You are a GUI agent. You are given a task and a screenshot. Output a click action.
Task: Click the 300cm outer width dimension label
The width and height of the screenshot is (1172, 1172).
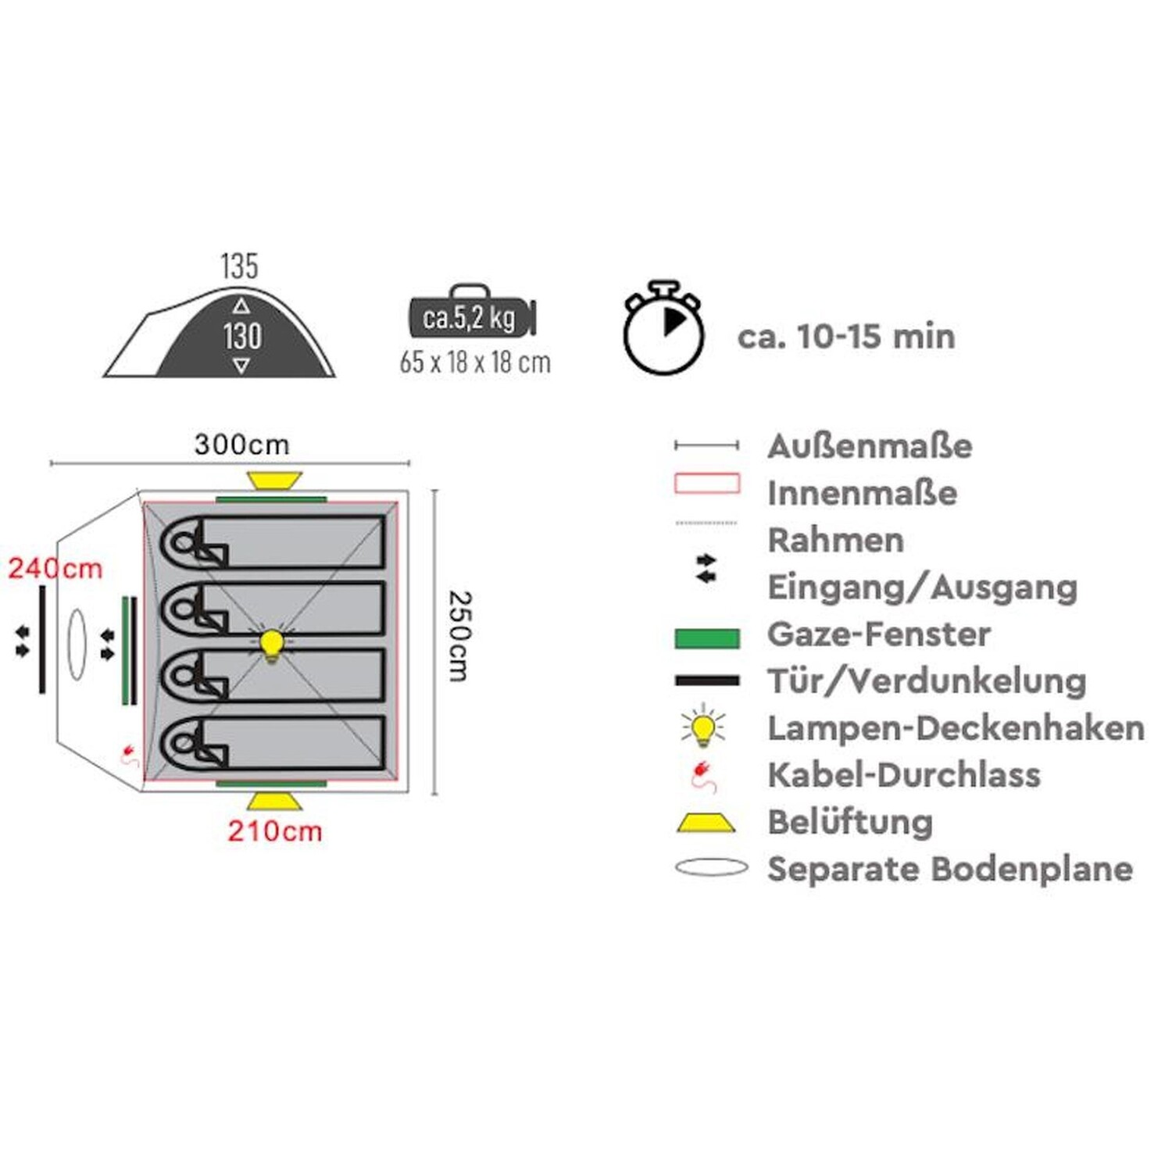click(241, 445)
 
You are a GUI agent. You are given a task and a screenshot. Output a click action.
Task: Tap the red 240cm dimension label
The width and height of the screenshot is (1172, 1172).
click(55, 568)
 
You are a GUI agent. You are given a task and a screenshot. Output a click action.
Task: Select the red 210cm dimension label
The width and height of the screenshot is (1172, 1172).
click(275, 831)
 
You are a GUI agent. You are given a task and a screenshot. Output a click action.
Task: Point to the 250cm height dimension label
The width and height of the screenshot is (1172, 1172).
click(460, 635)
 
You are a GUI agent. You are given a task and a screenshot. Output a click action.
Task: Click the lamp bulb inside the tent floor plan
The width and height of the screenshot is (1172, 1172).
click(271, 645)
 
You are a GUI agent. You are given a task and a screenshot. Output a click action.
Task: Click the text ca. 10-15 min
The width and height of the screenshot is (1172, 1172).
click(846, 337)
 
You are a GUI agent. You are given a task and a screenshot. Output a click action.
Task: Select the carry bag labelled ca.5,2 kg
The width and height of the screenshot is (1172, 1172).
click(471, 315)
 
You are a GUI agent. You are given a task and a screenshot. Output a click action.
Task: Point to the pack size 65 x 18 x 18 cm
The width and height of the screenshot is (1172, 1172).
click(475, 363)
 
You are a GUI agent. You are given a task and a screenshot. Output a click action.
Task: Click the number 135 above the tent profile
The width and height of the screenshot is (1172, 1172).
click(239, 266)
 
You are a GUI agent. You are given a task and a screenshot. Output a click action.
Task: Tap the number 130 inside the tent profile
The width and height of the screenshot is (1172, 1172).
click(242, 337)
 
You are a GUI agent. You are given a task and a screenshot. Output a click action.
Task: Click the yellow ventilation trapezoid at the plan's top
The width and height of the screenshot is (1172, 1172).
click(273, 480)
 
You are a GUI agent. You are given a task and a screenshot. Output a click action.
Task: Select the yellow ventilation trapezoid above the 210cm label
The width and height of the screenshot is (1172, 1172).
click(273, 802)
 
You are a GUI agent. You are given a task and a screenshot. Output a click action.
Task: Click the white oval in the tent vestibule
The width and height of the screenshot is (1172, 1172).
click(77, 643)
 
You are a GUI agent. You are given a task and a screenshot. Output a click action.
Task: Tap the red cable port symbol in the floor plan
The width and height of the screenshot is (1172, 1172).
click(128, 755)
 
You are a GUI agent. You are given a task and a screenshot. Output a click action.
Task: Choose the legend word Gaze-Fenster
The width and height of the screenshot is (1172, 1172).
click(879, 634)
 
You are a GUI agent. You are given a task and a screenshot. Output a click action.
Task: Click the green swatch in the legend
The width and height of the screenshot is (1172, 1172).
click(706, 638)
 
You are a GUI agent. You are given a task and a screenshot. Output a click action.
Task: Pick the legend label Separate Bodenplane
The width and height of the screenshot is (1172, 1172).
click(950, 868)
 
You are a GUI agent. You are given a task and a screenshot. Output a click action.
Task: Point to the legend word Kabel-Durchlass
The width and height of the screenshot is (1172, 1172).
click(904, 774)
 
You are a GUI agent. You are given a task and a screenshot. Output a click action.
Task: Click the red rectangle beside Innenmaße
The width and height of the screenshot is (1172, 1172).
click(706, 484)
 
